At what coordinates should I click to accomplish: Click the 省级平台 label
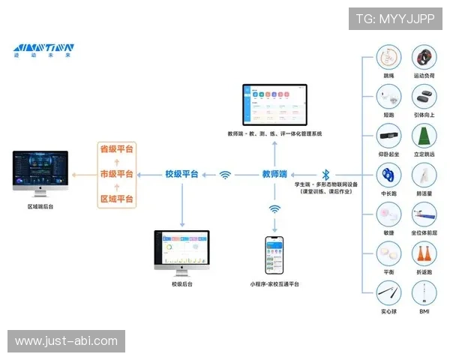[116, 149]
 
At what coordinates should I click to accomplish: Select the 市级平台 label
[116, 174]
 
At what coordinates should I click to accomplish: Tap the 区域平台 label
[116, 199]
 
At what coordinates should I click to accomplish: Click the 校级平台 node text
[181, 174]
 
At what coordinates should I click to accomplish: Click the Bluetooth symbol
[325, 174]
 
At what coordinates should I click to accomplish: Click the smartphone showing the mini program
[274, 256]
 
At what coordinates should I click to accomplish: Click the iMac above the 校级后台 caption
[181, 249]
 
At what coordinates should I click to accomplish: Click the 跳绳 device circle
[388, 58]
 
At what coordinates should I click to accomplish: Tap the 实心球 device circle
[388, 291]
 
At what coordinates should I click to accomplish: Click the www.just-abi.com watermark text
[66, 341]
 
